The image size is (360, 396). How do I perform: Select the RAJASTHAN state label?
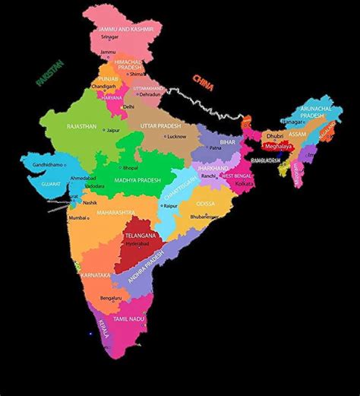(x=82, y=127)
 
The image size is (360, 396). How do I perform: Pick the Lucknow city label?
(x=176, y=136)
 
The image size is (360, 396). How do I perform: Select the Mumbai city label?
(x=78, y=218)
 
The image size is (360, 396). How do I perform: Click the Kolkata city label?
(x=245, y=184)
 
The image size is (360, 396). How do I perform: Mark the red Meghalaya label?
(x=277, y=146)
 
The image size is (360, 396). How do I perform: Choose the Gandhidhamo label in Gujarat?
(x=33, y=164)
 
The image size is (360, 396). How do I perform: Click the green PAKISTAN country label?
(x=48, y=73)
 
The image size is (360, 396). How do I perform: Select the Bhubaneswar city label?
(x=205, y=217)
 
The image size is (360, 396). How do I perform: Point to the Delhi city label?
(x=128, y=107)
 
